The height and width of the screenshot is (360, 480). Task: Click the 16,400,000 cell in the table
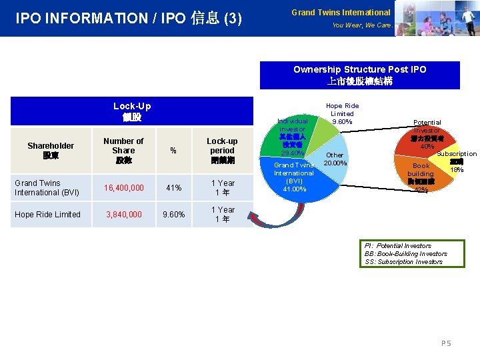123,188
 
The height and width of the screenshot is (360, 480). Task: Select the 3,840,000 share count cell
123,215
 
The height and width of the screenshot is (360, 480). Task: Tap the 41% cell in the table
173,188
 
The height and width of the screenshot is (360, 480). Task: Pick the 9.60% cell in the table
173,215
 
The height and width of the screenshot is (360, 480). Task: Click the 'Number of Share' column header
123,151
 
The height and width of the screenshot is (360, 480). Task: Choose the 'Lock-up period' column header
222,151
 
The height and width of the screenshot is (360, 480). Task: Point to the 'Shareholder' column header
51,151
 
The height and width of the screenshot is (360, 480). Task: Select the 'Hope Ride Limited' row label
47,215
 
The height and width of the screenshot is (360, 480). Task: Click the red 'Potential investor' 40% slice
427,137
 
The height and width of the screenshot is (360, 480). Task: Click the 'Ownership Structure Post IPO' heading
359,69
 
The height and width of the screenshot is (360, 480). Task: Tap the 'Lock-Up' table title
132,106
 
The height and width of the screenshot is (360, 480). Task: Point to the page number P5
446,343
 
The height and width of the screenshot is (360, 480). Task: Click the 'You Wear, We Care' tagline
361,25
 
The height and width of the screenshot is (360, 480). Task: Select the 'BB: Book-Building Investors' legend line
405,254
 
